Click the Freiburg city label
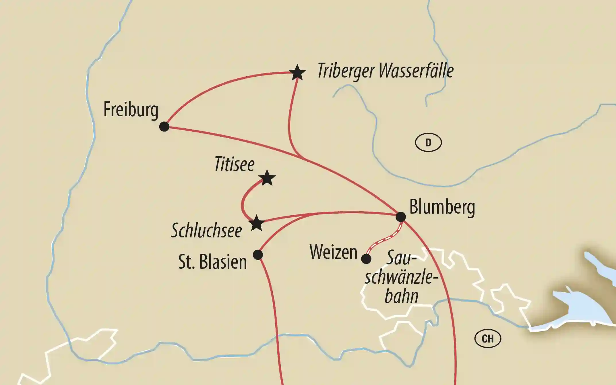(131, 110)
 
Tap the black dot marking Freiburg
(164, 126)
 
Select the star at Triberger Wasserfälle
(297, 73)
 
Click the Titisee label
(235, 165)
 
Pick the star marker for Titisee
(267, 178)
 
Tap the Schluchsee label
(206, 230)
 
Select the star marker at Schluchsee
(256, 223)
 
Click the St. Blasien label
(212, 262)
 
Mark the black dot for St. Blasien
(258, 255)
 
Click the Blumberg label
(442, 207)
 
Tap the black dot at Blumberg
(401, 217)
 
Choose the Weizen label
(334, 252)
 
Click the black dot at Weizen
(366, 259)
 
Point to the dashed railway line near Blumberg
(385, 240)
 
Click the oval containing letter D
(428, 143)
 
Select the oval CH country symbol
(488, 339)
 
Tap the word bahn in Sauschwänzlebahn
(401, 296)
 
